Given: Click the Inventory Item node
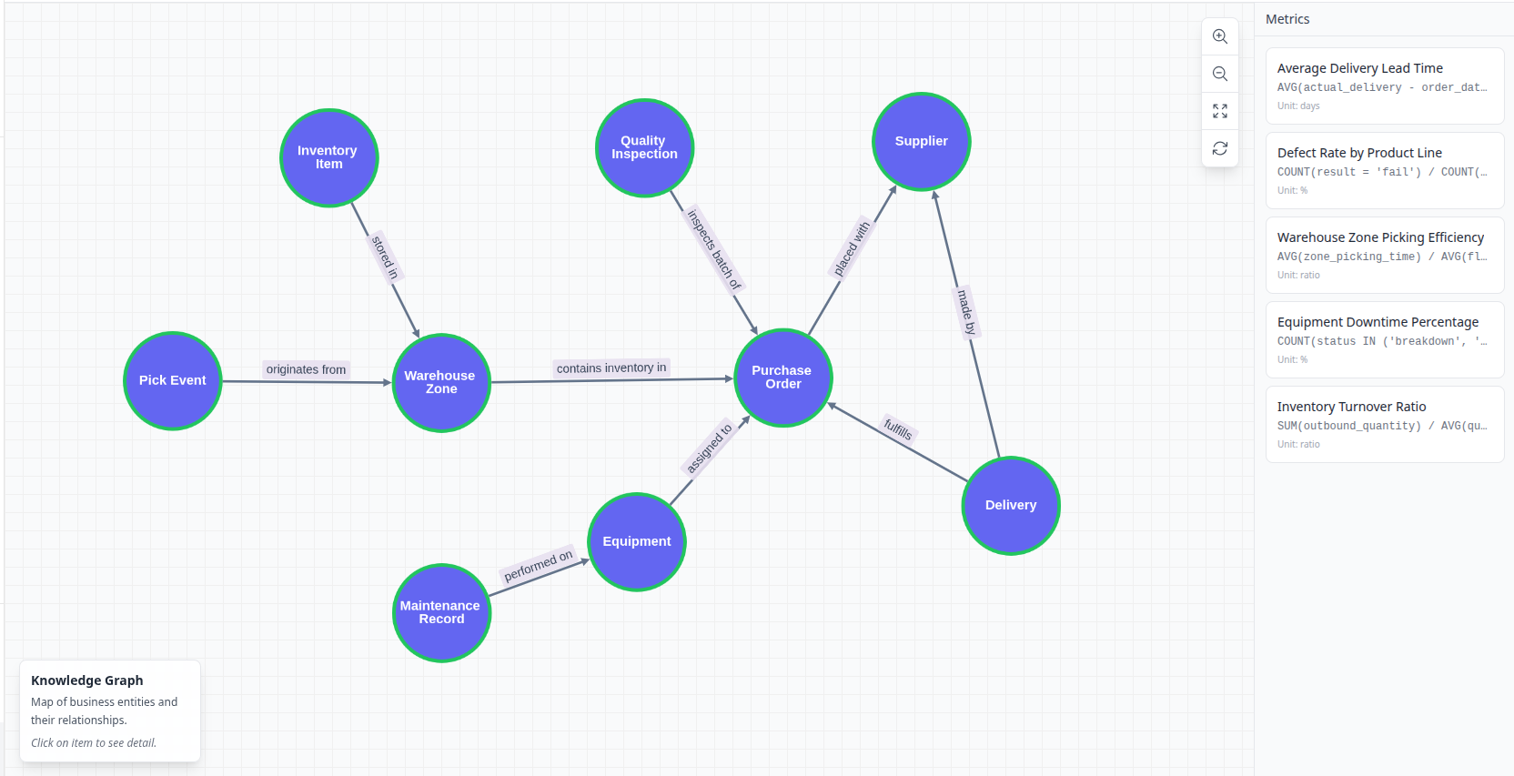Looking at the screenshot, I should point(328,158).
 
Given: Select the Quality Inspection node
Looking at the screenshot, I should point(644,147).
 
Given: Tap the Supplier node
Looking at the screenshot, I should point(921,142).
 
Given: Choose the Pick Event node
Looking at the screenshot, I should point(173,380).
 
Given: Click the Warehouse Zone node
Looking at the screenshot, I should point(441,382).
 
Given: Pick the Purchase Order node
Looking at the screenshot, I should point(782,378).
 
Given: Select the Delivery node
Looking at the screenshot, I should point(1010,505).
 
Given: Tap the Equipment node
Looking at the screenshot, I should point(636,541).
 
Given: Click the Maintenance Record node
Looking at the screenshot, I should point(441,612).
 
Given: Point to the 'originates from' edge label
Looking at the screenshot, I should point(306,369).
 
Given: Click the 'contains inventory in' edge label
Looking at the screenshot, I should point(611,368).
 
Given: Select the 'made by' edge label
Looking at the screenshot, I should point(965,312).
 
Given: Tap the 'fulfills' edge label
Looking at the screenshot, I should point(897,428).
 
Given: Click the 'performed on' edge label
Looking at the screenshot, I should point(539,565).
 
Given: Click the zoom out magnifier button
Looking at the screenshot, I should point(1220,74).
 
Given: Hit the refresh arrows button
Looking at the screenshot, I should point(1220,148).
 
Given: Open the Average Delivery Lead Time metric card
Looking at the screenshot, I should point(1384,86).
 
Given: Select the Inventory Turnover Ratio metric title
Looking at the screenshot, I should point(1351,407).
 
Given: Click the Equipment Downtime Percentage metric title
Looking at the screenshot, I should point(1378,322).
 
